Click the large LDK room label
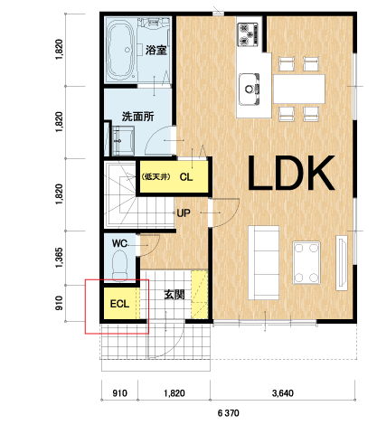[x=291, y=174]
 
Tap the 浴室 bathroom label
[x=156, y=50]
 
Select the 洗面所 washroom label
[x=138, y=117]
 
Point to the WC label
[x=119, y=243]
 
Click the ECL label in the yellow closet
[x=119, y=304]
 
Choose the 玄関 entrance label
[x=174, y=295]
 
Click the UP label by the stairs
[x=184, y=213]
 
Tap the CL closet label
[x=186, y=177]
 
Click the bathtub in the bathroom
[x=121, y=51]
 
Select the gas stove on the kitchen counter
[x=249, y=34]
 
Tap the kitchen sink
[x=250, y=90]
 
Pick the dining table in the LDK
[x=299, y=89]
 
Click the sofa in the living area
[x=264, y=262]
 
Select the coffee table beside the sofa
[x=306, y=262]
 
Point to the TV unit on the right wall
[x=342, y=262]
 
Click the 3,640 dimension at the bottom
[x=283, y=393]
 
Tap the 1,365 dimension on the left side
[x=60, y=258]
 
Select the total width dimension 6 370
[x=229, y=412]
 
